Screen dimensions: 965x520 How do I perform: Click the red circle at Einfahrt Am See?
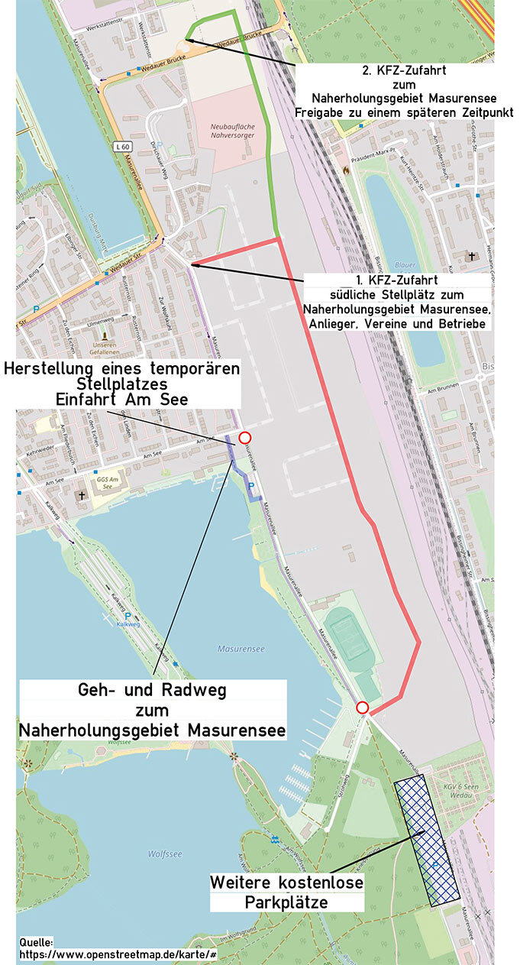(x=244, y=437)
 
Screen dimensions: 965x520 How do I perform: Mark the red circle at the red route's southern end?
(x=363, y=708)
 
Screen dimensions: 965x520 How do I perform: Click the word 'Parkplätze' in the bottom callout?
(x=286, y=902)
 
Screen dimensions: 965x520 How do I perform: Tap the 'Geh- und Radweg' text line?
(x=153, y=690)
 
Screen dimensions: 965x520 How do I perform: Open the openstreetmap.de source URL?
(x=118, y=954)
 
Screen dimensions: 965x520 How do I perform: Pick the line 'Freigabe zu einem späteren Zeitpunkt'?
(x=404, y=112)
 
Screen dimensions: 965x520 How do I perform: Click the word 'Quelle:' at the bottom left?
(x=36, y=942)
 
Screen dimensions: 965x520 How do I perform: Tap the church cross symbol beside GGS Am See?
(x=81, y=496)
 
